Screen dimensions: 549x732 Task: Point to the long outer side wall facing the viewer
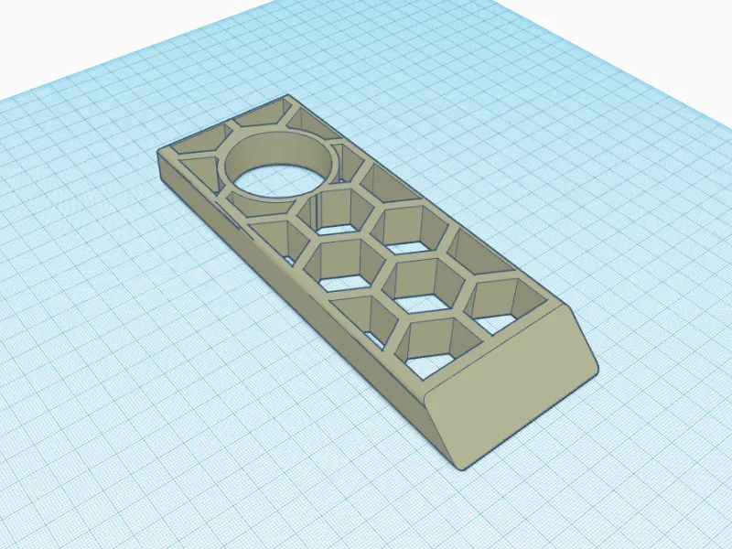[302, 293]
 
